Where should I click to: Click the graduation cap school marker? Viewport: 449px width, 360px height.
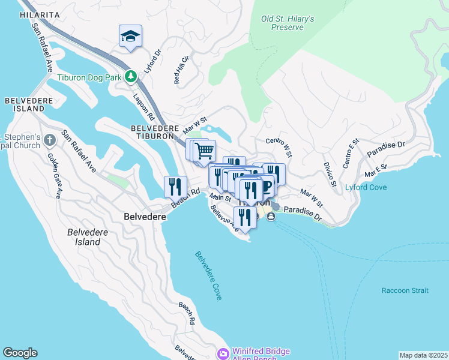pos(130,35)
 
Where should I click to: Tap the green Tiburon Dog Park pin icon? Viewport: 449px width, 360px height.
pos(131,77)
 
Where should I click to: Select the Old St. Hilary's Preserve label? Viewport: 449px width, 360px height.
pos(288,23)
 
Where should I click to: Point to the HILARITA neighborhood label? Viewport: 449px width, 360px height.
pos(39,14)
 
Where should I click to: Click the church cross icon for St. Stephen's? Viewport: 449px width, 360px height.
pos(49,140)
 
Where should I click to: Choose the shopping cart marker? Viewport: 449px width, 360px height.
pos(205,151)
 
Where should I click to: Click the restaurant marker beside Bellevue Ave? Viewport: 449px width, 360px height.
pos(245,217)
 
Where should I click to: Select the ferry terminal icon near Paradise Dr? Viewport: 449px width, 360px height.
pos(271,217)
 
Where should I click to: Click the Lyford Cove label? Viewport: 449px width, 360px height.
pos(365,187)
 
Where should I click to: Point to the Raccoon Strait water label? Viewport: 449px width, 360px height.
pos(405,290)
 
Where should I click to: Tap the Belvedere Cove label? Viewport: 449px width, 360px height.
pos(208,275)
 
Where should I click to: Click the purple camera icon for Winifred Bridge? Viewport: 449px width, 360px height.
pos(223,354)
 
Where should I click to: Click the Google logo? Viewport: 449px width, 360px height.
pos(20,353)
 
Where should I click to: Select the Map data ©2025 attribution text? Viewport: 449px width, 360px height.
pos(423,355)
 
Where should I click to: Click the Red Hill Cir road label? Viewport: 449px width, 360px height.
pos(181,70)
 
